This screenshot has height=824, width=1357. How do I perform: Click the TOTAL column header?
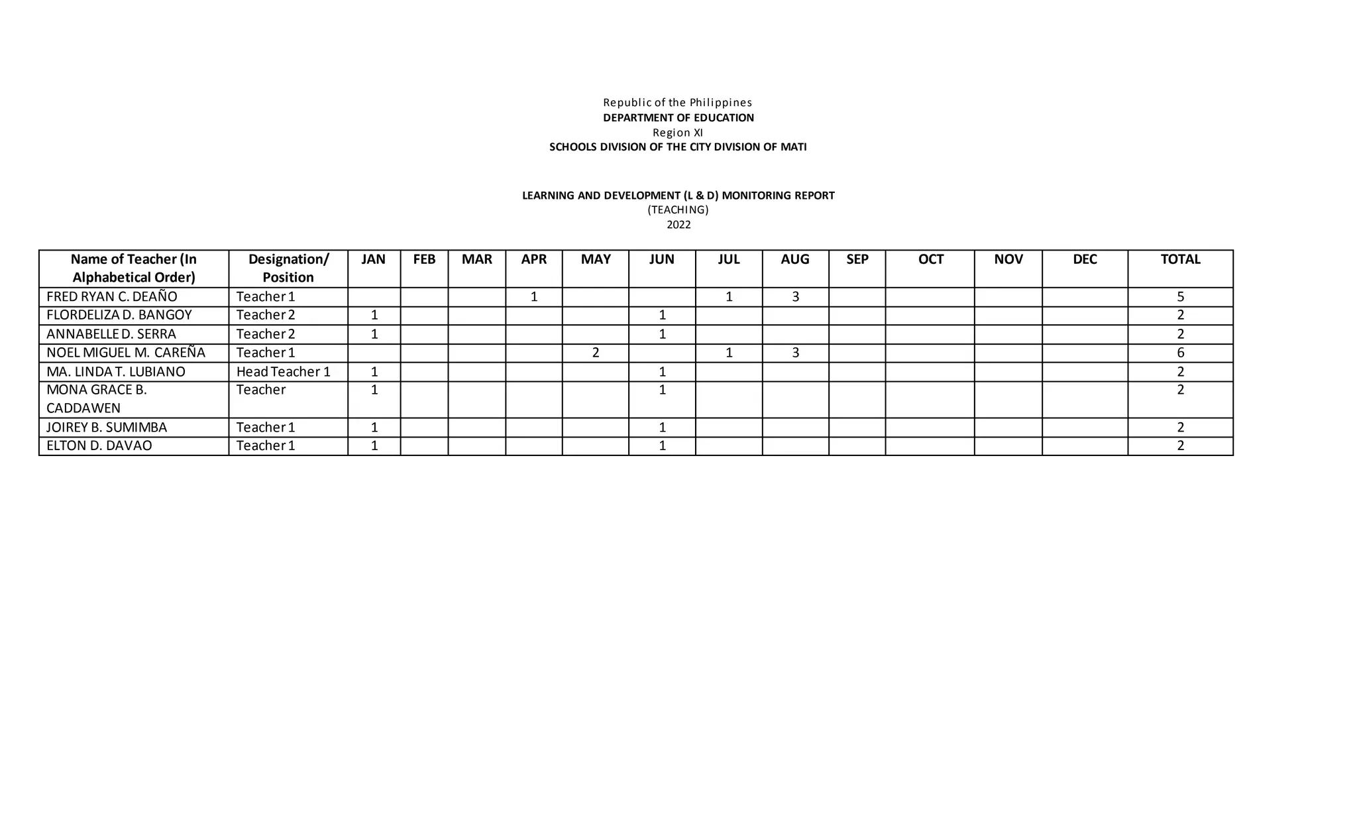tap(1180, 259)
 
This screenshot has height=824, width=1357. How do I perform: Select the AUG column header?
tap(794, 259)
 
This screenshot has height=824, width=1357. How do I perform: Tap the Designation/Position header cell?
tap(288, 268)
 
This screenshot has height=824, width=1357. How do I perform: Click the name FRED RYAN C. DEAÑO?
tap(112, 297)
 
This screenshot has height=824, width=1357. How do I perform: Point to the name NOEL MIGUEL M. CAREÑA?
tap(126, 353)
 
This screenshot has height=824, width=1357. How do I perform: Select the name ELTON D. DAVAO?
tap(99, 445)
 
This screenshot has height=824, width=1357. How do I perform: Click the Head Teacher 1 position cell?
tap(283, 371)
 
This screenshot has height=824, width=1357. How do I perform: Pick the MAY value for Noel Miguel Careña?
tap(596, 353)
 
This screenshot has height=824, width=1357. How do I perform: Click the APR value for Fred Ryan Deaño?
tap(534, 297)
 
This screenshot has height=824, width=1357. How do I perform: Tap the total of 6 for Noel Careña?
tap(1180, 353)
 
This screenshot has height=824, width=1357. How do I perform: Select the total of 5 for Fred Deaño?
tap(1180, 297)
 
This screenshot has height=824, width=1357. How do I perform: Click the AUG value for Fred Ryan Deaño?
tap(795, 297)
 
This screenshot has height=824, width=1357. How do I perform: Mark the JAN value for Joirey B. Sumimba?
tap(374, 428)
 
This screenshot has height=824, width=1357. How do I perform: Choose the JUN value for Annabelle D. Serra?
tap(662, 334)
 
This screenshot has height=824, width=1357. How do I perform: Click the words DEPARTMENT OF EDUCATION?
tap(678, 118)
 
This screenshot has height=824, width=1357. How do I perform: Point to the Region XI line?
tap(678, 133)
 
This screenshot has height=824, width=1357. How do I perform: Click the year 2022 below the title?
tap(678, 225)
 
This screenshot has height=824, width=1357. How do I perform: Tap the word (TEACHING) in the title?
tap(678, 210)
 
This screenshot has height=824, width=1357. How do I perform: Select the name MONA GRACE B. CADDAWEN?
tap(97, 398)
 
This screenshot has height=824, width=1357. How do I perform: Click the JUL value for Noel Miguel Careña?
tap(729, 353)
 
